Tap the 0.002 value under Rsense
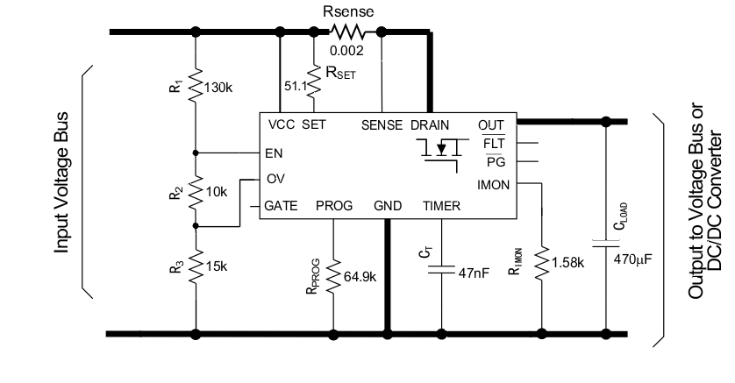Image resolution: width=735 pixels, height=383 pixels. [346, 50]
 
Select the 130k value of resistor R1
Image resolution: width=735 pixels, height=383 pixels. [217, 88]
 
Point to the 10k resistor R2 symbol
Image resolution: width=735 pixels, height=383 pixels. [195, 190]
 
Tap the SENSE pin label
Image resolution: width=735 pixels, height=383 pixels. [382, 124]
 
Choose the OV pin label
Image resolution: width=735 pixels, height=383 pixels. [275, 179]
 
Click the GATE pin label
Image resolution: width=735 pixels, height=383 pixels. [282, 206]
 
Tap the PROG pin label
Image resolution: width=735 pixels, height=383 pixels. [334, 206]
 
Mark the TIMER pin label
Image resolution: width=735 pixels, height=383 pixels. [441, 206]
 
